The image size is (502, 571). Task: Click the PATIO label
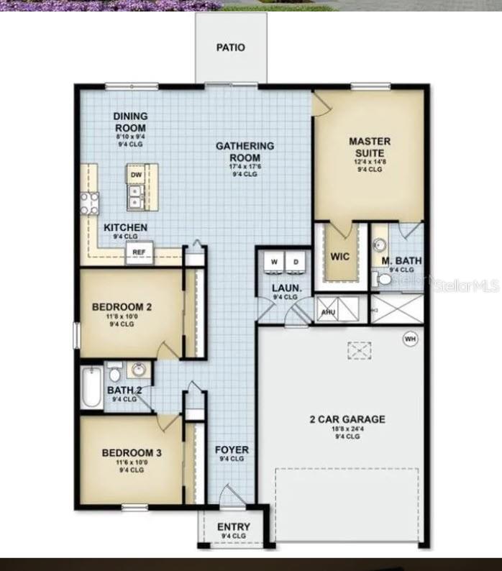click(x=231, y=47)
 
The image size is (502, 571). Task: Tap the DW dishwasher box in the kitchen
click(x=136, y=175)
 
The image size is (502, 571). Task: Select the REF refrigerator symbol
click(x=138, y=252)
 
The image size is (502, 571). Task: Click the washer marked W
click(x=273, y=262)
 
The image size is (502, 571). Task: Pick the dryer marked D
click(x=296, y=262)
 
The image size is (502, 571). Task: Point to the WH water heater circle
click(x=410, y=338)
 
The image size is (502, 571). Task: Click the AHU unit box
click(x=328, y=311)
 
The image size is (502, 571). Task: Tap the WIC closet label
click(x=339, y=256)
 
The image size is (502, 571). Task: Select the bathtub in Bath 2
click(x=91, y=388)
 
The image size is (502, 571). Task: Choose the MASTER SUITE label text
click(x=370, y=147)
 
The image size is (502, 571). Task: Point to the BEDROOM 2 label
click(x=122, y=307)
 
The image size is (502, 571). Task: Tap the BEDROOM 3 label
click(x=132, y=452)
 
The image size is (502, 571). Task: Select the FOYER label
click(x=232, y=450)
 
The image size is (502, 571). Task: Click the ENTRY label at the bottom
click(x=234, y=527)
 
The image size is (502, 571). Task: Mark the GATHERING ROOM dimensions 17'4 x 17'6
click(x=245, y=167)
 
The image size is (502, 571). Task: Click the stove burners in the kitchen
click(x=89, y=204)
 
